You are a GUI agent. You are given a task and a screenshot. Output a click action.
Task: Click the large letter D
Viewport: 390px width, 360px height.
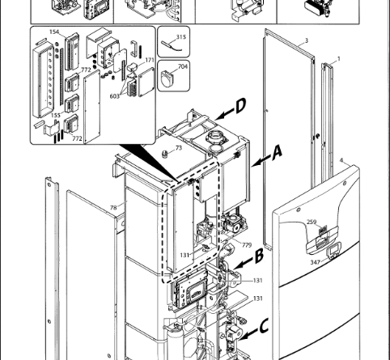[x=241, y=106]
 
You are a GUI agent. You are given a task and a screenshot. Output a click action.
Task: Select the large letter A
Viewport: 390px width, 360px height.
[x=277, y=153]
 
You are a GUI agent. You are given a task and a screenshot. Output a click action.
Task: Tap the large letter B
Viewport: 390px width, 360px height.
[x=259, y=256]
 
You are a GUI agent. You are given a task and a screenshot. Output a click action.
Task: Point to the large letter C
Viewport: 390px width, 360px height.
[x=265, y=325]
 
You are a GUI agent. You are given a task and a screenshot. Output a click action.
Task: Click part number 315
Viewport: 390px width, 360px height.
[x=181, y=36]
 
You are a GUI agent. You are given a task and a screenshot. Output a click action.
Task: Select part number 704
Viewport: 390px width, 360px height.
[x=183, y=66]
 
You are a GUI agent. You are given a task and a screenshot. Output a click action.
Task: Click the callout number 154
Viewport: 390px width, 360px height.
[x=54, y=32]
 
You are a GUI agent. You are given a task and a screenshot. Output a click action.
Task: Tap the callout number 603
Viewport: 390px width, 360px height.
[x=114, y=96]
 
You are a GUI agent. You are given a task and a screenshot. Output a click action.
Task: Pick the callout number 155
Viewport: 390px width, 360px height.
[x=56, y=115]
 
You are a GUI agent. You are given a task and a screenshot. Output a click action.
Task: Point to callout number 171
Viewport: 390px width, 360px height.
[x=150, y=60]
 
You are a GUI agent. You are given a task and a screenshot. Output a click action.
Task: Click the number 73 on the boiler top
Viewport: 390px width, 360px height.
[x=179, y=148]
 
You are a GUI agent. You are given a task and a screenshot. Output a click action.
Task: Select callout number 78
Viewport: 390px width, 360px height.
[x=113, y=207]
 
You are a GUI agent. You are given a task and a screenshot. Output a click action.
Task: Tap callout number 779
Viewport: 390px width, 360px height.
[x=247, y=245]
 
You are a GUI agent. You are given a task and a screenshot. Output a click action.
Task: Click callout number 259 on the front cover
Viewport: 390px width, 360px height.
[x=312, y=222]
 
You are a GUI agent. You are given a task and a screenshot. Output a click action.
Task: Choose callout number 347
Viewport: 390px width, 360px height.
[x=315, y=262]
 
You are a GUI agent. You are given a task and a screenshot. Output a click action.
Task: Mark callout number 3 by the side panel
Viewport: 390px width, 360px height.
[x=307, y=40]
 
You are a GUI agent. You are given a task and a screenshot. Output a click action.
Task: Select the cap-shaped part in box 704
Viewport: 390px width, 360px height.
[x=169, y=78]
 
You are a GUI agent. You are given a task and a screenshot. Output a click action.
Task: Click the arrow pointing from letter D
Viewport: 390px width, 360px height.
[x=224, y=115]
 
